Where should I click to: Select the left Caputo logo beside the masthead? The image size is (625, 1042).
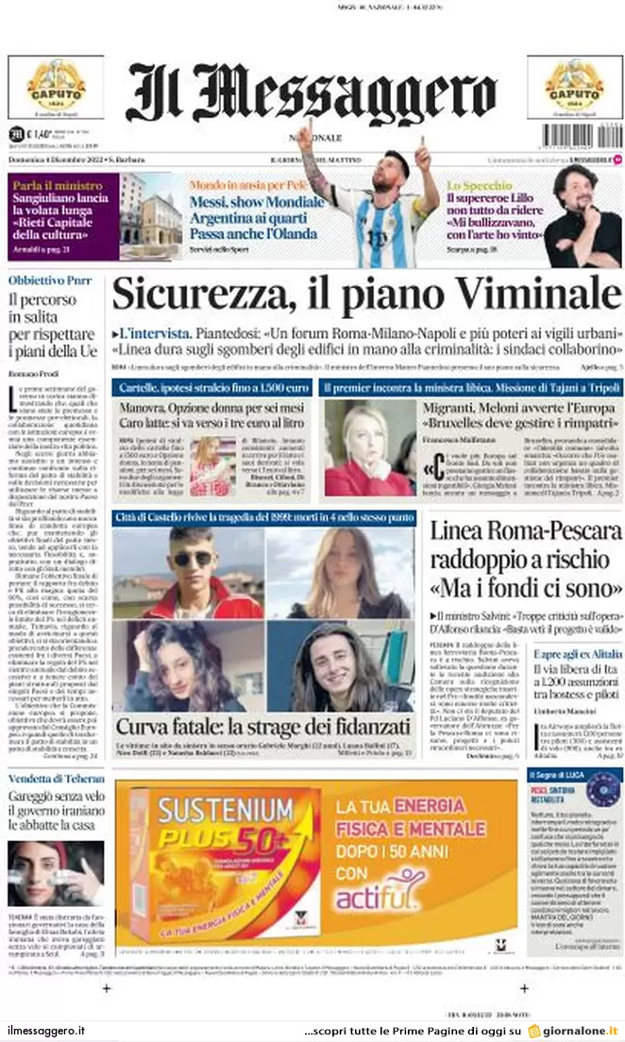(56, 87)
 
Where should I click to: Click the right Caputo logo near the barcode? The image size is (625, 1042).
(573, 87)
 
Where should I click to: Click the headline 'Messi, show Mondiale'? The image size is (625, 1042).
(256, 202)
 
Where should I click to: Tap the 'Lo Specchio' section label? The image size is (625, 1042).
(480, 186)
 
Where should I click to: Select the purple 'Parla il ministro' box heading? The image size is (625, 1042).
(58, 186)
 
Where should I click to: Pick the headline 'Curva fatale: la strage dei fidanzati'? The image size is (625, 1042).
(262, 727)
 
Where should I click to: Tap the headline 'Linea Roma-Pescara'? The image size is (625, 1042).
(526, 530)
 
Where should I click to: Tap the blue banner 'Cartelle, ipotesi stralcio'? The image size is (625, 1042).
(212, 388)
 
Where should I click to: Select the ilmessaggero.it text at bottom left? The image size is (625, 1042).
(46, 1030)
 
